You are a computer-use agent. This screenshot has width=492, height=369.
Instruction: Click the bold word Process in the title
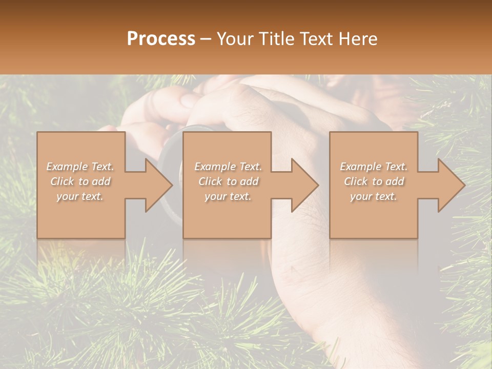tap(161, 39)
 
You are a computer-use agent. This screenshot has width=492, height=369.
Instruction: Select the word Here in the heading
tap(358, 39)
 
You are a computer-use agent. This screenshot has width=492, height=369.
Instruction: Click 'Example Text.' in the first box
tap(80, 167)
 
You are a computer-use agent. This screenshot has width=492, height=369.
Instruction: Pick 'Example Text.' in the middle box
tap(228, 167)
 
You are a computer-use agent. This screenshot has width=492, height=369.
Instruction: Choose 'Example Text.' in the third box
tap(374, 167)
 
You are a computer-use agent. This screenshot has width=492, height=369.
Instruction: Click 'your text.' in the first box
tap(80, 196)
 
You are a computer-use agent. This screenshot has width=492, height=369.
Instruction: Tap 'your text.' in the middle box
tap(228, 196)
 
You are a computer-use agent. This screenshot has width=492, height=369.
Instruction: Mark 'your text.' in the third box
tap(374, 196)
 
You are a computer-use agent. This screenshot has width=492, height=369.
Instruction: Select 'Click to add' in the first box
tap(80, 181)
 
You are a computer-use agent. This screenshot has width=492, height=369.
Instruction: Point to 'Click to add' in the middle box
tap(228, 181)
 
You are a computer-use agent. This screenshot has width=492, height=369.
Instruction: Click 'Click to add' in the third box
tap(374, 181)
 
